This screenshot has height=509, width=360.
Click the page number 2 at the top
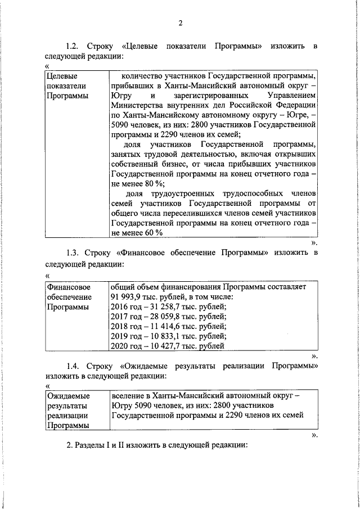(x=180, y=23)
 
